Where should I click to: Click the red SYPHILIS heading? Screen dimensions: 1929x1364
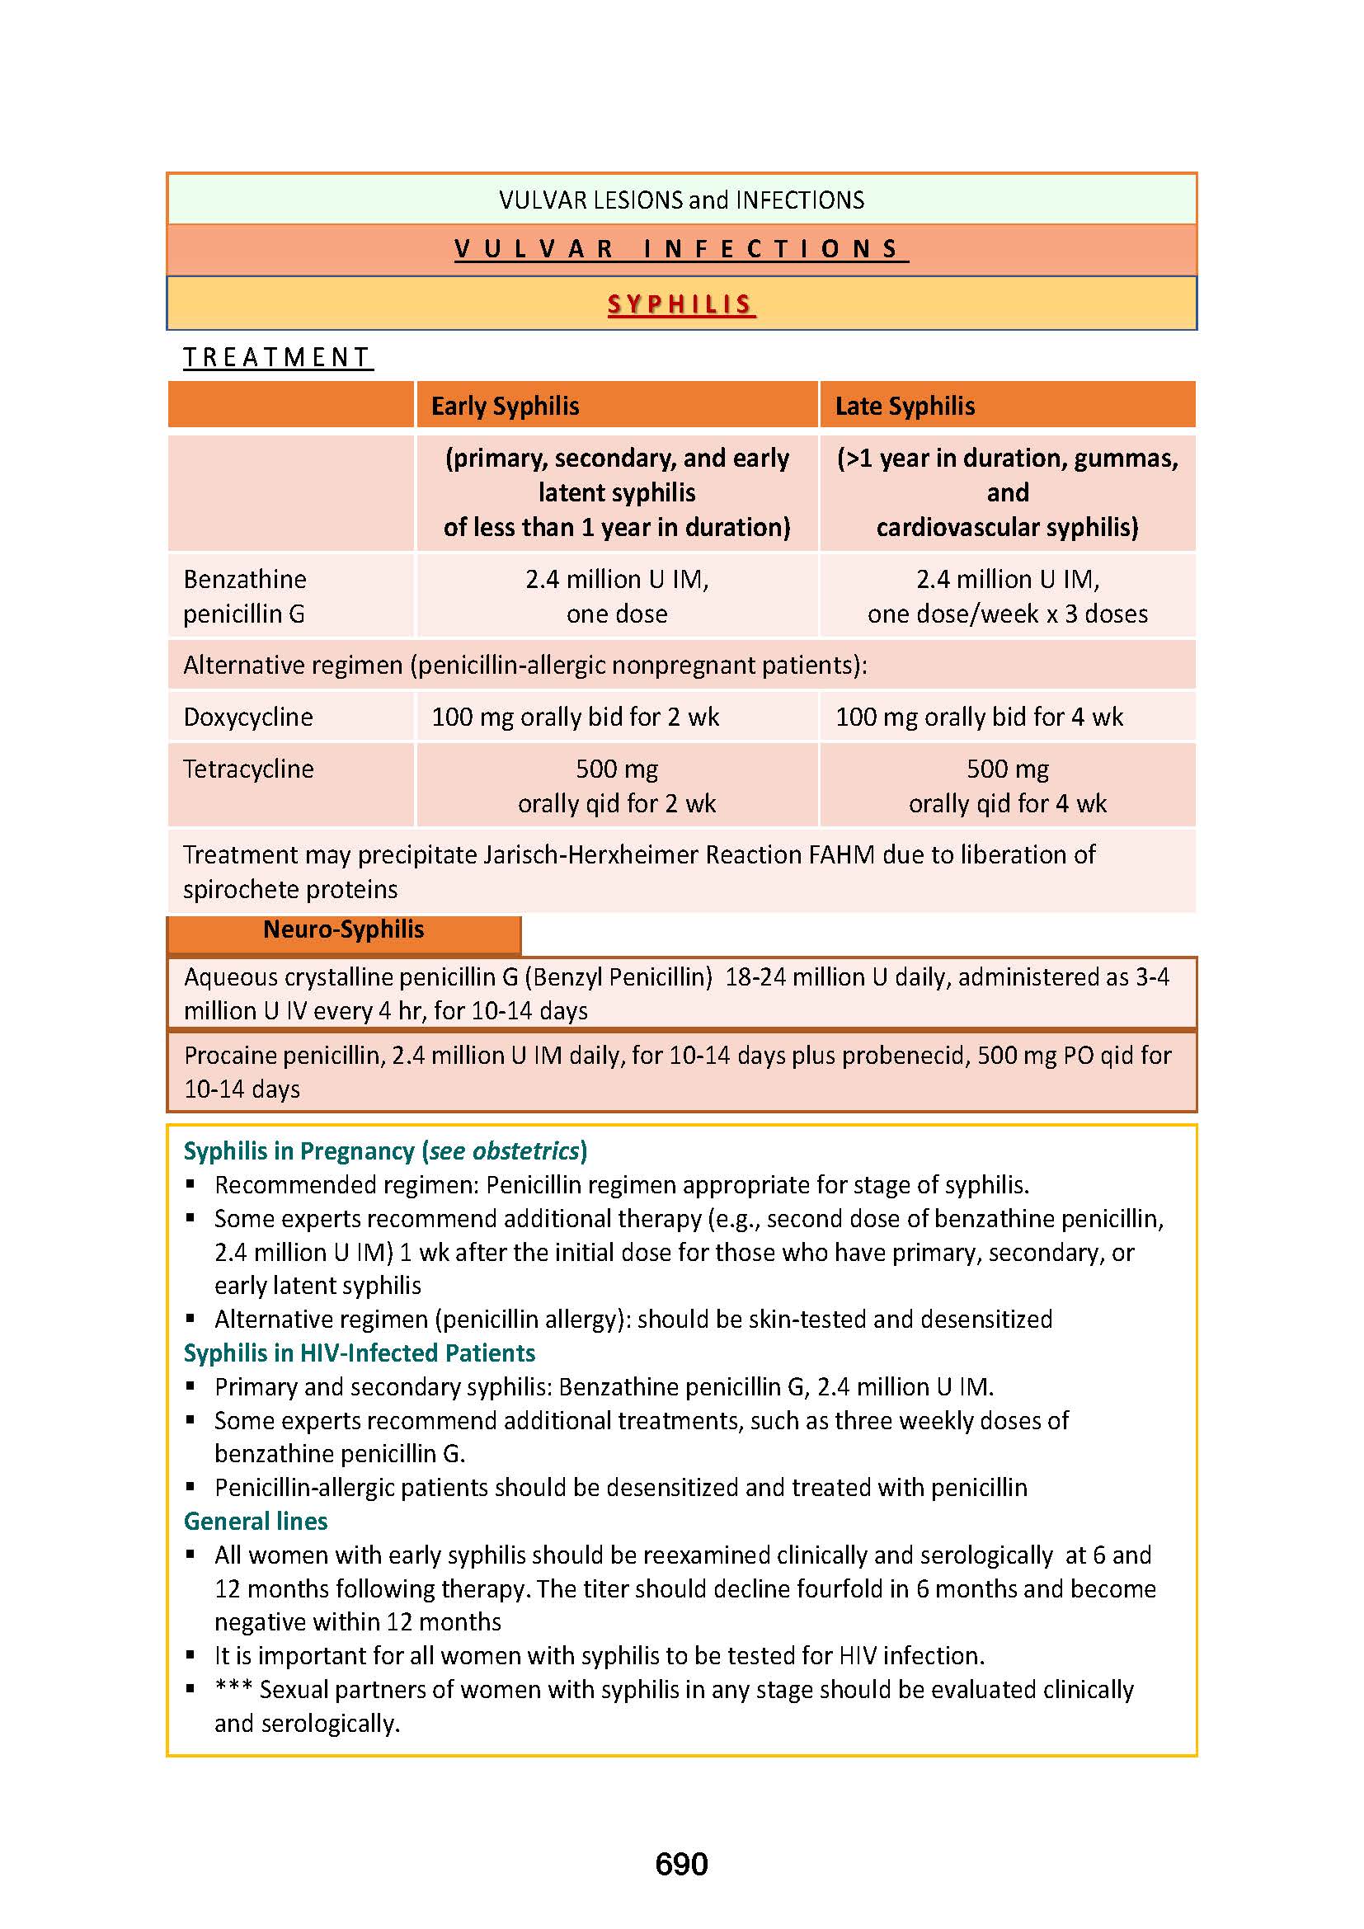680,304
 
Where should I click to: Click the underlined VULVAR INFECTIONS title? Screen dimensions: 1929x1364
680,250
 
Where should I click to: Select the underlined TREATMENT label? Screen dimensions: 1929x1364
277,358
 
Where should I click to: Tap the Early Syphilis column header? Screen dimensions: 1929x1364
505,407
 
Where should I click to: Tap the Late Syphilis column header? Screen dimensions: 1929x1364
905,407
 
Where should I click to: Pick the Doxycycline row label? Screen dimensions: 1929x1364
247,717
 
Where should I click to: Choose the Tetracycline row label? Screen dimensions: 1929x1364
247,769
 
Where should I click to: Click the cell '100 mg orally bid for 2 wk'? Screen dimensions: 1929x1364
576,717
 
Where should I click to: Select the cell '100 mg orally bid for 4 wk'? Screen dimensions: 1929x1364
980,717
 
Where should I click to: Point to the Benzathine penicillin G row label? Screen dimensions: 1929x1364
244,596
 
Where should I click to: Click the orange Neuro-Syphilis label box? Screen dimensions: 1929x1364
344,930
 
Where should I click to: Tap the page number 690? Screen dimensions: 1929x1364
681,1865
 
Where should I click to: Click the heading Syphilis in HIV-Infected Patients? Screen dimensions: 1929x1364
360,1353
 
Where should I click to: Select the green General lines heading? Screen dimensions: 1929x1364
256,1522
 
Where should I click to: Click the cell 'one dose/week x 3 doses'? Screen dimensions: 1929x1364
1007,615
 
